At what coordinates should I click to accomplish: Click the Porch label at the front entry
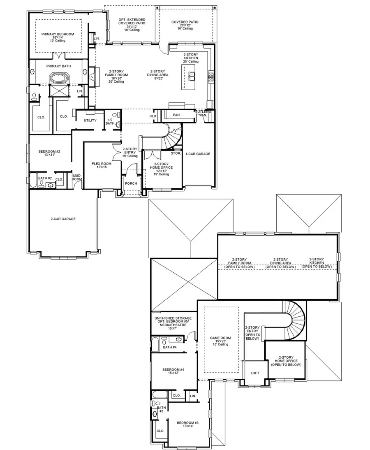tap(131, 183)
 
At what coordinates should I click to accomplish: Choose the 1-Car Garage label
tap(197, 154)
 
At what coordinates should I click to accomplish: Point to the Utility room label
tap(90, 121)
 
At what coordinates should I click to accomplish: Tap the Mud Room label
tap(76, 177)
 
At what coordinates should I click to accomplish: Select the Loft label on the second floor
tap(255, 373)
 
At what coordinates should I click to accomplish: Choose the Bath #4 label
tap(170, 347)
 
